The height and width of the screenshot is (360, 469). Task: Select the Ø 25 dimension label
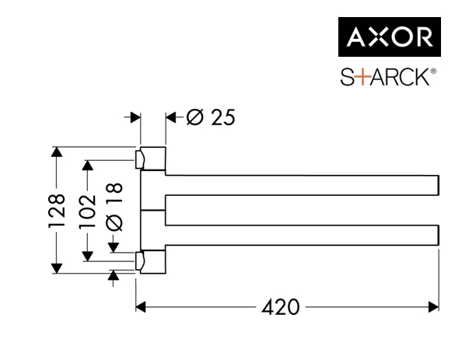[210, 117]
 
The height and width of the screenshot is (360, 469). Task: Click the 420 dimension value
[280, 307]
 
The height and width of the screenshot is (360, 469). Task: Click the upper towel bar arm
[303, 185]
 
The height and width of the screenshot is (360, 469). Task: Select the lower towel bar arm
[303, 234]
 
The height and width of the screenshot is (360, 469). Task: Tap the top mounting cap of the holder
[151, 158]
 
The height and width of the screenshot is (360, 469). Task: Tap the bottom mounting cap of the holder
[151, 262]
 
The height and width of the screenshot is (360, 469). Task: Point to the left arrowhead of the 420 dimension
[141, 307]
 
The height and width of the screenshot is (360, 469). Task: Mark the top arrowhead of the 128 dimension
[55, 151]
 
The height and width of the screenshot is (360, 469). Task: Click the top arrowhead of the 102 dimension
[88, 166]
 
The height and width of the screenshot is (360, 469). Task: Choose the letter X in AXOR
[375, 37]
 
